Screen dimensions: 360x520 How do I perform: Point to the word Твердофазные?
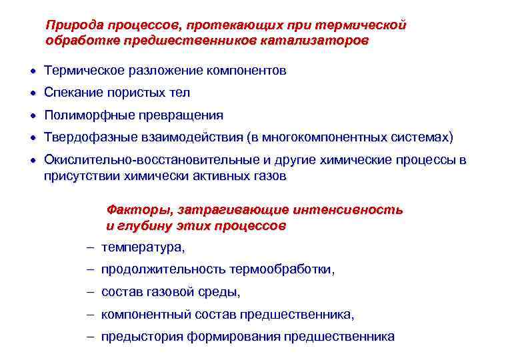[86, 137]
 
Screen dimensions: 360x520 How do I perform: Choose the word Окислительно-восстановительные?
[135, 160]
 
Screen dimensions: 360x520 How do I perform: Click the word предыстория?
[142, 337]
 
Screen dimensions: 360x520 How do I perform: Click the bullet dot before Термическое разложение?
[33, 70]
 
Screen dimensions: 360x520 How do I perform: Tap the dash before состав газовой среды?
[90, 292]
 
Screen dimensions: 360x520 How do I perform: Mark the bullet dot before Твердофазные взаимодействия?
[33, 137]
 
